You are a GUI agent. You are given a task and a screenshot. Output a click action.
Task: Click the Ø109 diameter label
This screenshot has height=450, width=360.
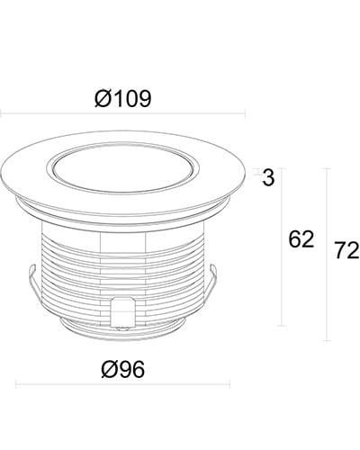[x=123, y=99]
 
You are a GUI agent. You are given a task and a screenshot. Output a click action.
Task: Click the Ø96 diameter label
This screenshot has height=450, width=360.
[x=123, y=369]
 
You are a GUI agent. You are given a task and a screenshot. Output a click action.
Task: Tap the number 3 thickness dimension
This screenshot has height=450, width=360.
[x=268, y=177]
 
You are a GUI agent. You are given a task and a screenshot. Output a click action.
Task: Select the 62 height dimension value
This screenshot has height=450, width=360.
[x=301, y=239]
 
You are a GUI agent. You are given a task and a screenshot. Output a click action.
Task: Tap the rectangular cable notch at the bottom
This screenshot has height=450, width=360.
[x=122, y=312]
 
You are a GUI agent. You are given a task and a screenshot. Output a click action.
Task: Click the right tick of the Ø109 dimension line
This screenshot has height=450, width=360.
[x=246, y=113]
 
